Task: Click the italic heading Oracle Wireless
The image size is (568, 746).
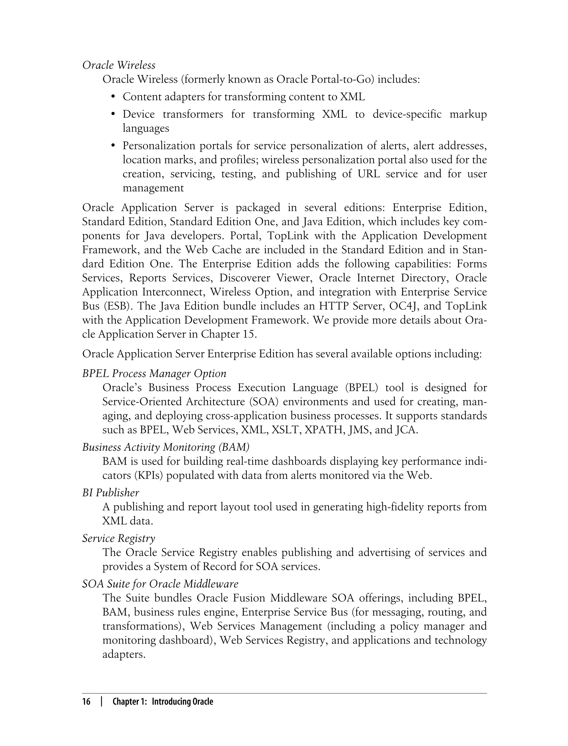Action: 119,65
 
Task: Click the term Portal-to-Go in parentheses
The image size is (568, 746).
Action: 339,79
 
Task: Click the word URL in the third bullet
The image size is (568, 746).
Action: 369,174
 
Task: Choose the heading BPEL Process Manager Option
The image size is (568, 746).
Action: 154,373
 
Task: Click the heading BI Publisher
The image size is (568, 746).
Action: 111,493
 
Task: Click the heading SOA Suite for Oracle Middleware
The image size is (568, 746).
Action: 160,584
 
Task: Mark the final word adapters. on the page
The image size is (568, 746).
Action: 124,655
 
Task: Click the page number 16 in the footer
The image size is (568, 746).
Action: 87,702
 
